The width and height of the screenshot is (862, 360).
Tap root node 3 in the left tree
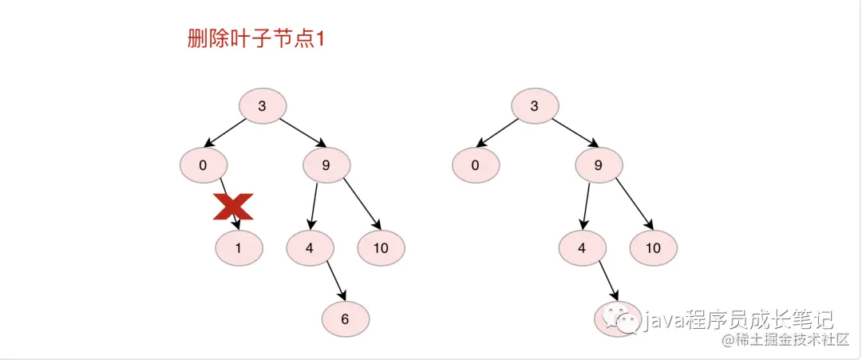pos(263,105)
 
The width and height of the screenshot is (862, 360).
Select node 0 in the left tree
pos(204,166)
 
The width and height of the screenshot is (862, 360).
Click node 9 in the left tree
pos(326,166)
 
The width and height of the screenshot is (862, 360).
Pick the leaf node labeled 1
pos(238,248)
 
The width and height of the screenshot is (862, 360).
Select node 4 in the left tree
pos(310,248)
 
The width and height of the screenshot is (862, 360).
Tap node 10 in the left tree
pos(381,248)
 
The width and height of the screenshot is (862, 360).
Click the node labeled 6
pos(345,319)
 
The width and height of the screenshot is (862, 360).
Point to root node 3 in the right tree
pos(535,105)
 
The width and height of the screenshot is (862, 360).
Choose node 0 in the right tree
pos(476,166)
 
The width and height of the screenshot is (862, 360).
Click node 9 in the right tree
pos(599,166)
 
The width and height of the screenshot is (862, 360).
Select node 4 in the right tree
pos(582,248)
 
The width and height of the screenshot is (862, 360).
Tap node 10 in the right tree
pos(653,248)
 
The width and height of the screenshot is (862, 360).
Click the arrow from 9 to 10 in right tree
pos(634,204)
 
